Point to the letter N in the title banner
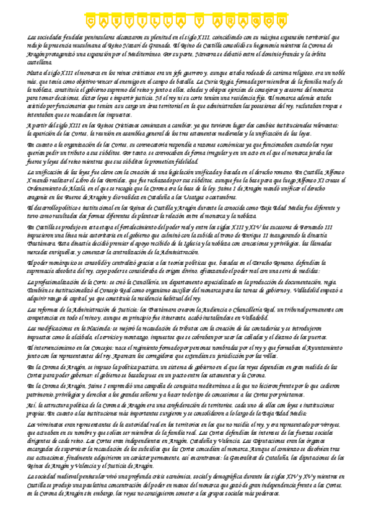coord(279,23)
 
